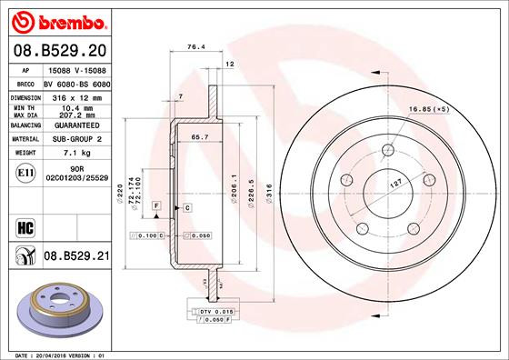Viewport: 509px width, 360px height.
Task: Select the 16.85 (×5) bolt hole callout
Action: coord(454,109)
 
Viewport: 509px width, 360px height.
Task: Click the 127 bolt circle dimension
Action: coord(397,182)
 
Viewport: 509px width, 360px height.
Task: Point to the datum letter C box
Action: coord(186,208)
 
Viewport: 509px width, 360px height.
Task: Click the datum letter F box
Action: coord(156,208)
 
